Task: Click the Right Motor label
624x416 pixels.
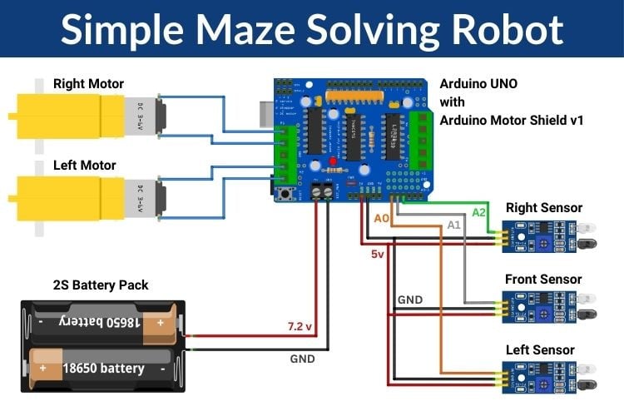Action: point(88,84)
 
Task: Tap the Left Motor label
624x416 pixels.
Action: point(84,165)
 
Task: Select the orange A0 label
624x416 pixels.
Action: point(381,219)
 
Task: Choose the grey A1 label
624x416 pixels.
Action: point(453,225)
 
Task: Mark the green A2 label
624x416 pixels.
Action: point(478,213)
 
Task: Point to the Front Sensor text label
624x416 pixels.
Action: point(543,280)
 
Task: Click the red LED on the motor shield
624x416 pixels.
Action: point(333,161)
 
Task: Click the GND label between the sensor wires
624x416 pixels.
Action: point(409,300)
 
